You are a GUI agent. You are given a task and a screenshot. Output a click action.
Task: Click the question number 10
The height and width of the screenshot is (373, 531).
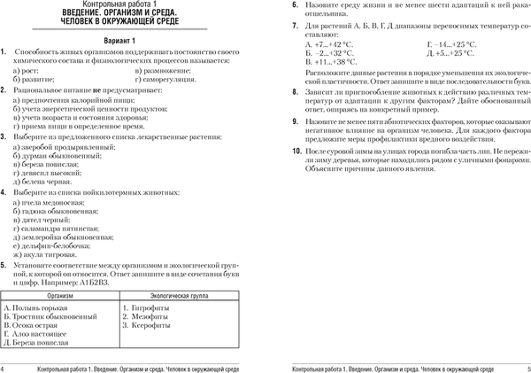click(297, 154)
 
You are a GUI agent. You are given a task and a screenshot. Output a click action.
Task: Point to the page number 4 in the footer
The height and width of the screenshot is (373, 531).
click(4, 367)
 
